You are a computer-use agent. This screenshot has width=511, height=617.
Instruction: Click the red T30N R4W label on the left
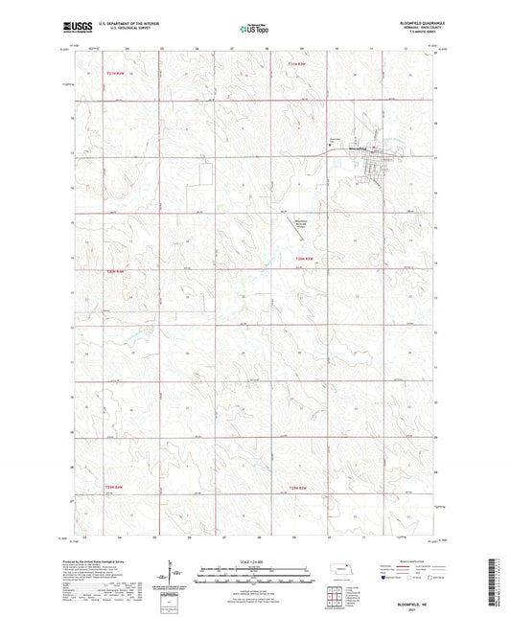pyautogui.click(x=116, y=271)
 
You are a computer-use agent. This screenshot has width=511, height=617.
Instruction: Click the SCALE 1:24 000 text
pyautogui.click(x=255, y=560)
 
